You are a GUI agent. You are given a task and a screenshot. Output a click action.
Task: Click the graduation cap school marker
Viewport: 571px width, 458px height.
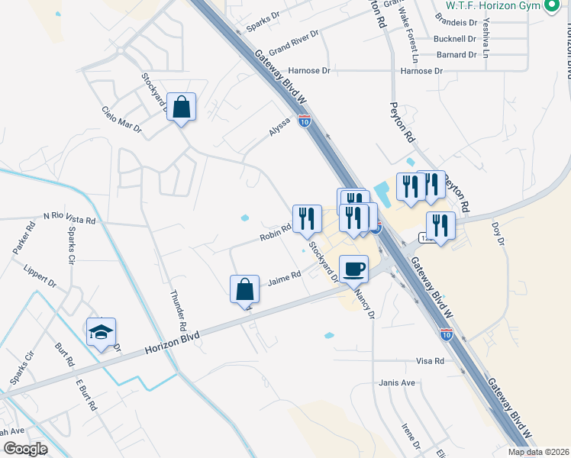[101, 332]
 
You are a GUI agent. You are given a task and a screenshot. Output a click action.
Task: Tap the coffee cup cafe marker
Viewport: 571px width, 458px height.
[353, 269]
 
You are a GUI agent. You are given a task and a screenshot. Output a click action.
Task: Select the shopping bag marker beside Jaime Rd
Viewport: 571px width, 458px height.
[244, 290]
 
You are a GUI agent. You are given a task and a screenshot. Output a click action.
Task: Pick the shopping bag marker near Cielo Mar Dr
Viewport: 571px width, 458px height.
[182, 108]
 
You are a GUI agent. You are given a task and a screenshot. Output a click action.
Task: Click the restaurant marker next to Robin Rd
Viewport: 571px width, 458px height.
[307, 218]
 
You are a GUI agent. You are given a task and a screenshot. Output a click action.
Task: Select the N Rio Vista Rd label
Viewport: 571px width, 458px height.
[69, 218]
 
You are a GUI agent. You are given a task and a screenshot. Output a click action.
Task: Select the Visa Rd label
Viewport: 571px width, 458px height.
[430, 360]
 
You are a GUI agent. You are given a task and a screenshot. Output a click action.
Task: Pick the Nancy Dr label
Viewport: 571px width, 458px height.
[364, 304]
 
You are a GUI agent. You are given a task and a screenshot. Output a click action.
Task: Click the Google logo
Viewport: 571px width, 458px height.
[24, 449]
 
